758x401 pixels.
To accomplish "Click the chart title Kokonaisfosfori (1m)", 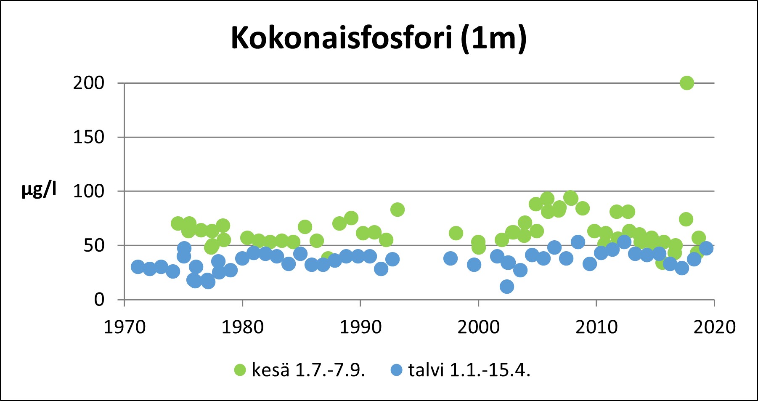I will (x=379, y=38).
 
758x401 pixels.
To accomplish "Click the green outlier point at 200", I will (x=686, y=83).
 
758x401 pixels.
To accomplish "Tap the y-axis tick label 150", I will (x=88, y=137).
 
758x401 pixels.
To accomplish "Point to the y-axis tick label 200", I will (x=88, y=83).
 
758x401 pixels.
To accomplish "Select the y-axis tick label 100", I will (x=88, y=191).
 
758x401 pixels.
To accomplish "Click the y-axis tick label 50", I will (x=93, y=246).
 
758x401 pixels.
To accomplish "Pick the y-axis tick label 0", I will (x=99, y=300).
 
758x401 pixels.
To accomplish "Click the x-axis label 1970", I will (x=125, y=327).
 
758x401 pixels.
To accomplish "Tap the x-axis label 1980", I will (x=242, y=327).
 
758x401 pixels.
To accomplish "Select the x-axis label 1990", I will (x=360, y=327).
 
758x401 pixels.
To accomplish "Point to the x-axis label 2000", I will (x=478, y=327).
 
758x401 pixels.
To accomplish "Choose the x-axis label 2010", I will (x=596, y=327).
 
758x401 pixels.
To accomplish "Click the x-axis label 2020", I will (x=714, y=327).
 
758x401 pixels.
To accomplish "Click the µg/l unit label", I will (x=39, y=190).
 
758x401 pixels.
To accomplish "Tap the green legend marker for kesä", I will (x=240, y=370).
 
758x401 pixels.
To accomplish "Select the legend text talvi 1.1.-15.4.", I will (x=469, y=370).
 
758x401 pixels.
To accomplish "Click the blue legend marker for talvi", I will (x=397, y=370).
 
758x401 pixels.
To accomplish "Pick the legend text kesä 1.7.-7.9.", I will (x=308, y=370).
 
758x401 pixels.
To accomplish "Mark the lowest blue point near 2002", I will (x=507, y=287).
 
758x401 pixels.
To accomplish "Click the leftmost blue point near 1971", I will (x=138, y=266).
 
